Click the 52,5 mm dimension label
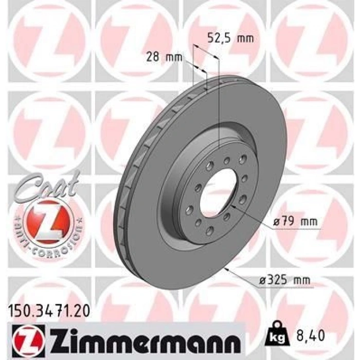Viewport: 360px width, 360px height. (x=230, y=38)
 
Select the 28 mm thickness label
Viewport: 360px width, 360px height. (x=164, y=57)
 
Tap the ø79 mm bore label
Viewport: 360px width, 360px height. (x=296, y=222)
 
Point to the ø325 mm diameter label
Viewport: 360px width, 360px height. (x=284, y=280)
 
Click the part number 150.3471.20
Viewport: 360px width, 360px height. (x=49, y=312)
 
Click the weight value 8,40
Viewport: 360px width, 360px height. (x=311, y=335)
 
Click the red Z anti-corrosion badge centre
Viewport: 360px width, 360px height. (x=49, y=222)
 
